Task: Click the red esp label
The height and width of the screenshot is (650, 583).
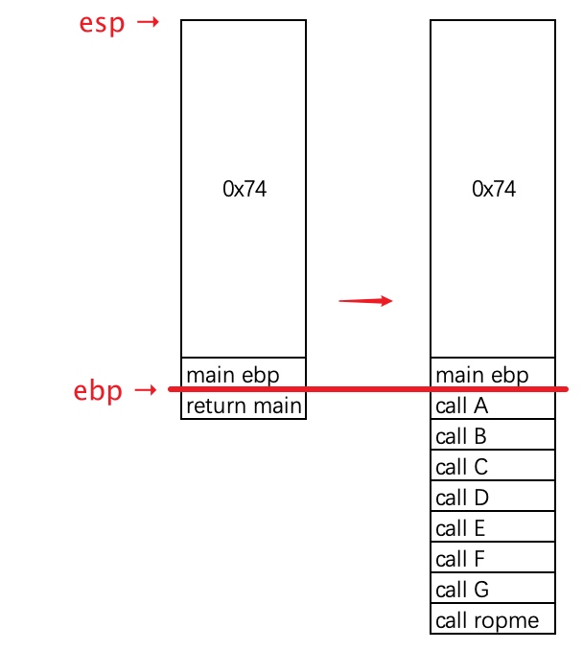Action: coord(102,24)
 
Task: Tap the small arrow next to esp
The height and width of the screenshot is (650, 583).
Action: coord(148,21)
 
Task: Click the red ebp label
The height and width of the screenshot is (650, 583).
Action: coord(98,391)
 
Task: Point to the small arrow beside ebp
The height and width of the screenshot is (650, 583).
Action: coord(146,389)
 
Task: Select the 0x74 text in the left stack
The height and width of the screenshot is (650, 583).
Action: coord(245,189)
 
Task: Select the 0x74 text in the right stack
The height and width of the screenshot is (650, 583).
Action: coord(494,189)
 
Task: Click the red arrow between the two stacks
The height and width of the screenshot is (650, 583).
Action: coord(365,300)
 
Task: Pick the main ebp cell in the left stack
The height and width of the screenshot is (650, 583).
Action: coord(244,373)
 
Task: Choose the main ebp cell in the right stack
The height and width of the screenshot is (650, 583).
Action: coord(493,373)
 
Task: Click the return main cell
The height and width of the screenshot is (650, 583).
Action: coord(244,405)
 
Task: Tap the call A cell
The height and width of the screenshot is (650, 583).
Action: coord(493,405)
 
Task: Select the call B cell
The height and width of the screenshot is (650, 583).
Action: coord(493,434)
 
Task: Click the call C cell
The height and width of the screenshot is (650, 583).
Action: coord(493,465)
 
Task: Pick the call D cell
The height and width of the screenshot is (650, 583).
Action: coord(493,496)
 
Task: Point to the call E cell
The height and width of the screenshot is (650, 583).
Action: coord(493,526)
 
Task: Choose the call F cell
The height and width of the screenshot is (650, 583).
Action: coord(493,557)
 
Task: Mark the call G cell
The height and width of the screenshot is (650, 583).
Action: coord(493,588)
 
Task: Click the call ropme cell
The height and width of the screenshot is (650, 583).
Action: coord(493,618)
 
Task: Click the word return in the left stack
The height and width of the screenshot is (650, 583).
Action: coord(218,406)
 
